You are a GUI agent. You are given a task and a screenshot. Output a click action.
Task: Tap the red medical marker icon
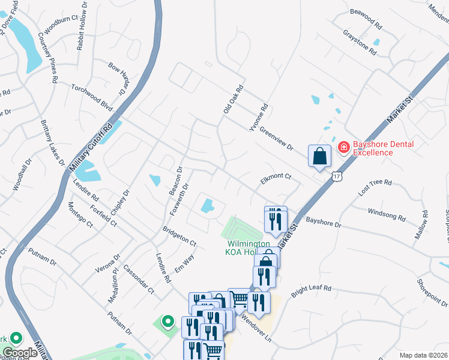click(343, 146)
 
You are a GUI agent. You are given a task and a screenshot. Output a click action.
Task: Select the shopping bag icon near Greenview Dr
click(319, 156)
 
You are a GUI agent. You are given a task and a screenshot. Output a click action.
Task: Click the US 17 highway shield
click(336, 176)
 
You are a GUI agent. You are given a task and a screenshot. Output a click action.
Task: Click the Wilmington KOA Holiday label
click(248, 248)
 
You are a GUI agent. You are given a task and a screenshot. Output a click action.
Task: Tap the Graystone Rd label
click(359, 43)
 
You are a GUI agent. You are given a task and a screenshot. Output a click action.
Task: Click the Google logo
click(20, 353)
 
